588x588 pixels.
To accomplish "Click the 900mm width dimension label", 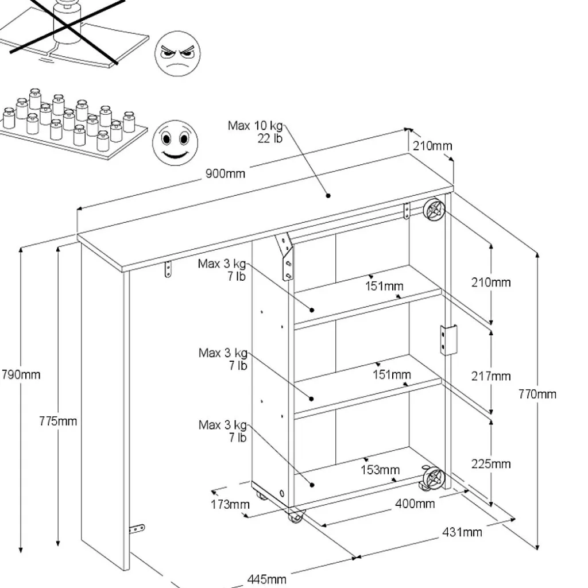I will point(226,173).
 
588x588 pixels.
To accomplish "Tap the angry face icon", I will point(177,54).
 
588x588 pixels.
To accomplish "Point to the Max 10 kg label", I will point(256,126).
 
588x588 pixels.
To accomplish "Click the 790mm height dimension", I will point(21,374).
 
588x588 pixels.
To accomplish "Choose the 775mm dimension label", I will point(58,421).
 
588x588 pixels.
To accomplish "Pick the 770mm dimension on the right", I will point(537,394).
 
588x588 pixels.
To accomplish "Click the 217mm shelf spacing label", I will point(490,376).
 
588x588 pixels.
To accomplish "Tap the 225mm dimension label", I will point(490,463).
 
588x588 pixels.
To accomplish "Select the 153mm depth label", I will point(380,470).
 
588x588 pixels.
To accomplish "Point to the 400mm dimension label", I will point(415,504).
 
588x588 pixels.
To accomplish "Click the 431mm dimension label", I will point(462,532).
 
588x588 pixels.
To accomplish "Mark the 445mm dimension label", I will point(266,579).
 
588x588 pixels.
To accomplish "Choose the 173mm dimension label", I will point(230,505).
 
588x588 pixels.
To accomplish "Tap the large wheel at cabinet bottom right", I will point(433,478).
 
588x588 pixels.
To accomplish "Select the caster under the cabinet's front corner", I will point(295,516).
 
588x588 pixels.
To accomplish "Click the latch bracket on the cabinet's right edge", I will point(448,339).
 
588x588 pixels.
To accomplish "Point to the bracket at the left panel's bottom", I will point(137,529).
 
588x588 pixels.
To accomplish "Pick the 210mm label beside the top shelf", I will point(490,282).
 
